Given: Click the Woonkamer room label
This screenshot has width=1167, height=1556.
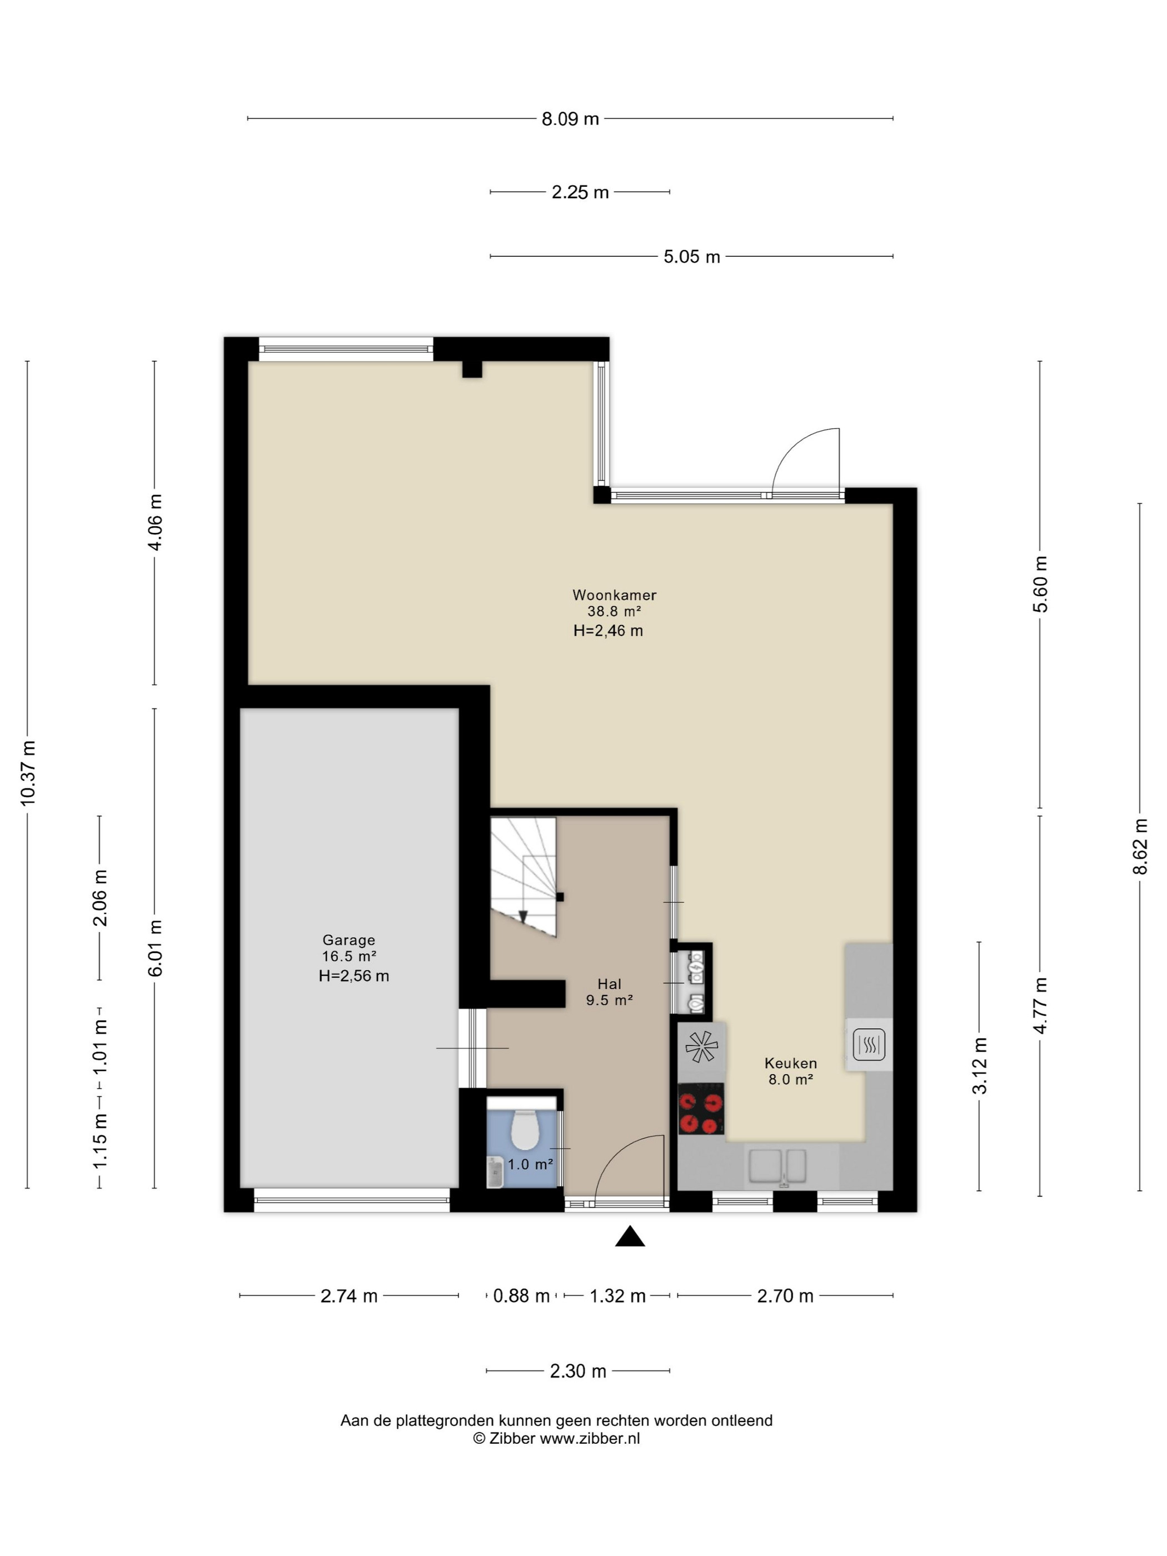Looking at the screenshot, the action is tap(614, 595).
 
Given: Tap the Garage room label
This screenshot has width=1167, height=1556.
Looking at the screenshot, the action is tap(349, 940).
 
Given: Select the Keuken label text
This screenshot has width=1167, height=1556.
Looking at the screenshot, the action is tap(791, 1063).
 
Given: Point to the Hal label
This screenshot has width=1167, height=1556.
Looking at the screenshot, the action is tap(609, 984).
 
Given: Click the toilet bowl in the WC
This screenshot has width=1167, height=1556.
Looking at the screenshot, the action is tap(524, 1128).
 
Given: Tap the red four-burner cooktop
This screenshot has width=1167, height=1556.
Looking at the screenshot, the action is tap(701, 1109).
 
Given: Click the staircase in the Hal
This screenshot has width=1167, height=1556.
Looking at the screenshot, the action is tap(523, 876).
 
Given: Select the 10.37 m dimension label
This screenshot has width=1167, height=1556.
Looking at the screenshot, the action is tap(28, 773).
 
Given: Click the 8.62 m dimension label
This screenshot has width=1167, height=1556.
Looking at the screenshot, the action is tap(1140, 846).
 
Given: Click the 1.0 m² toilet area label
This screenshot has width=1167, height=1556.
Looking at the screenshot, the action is tap(530, 1164).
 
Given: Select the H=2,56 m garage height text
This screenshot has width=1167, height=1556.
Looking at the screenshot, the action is tap(354, 976).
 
